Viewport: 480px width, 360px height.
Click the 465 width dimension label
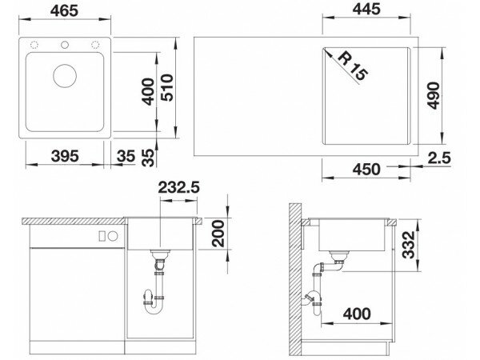64,10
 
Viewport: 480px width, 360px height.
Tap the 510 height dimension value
167,88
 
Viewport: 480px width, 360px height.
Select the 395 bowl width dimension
65,156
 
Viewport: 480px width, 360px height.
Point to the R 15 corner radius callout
353,66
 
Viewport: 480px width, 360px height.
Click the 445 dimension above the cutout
366,9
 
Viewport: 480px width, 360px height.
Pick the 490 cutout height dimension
434,95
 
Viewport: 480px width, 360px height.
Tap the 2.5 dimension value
439,158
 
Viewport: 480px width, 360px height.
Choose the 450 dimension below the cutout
366,169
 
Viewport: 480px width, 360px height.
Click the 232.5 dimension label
178,187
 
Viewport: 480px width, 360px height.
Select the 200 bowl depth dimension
218,234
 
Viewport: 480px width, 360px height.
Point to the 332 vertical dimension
408,245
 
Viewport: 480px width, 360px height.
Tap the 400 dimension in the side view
357,314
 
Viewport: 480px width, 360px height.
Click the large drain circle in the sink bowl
65,76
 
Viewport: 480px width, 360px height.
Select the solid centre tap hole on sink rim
65,45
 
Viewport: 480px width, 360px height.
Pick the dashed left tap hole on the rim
34,45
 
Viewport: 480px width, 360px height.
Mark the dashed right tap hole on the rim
95,45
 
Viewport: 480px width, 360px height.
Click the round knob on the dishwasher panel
113,236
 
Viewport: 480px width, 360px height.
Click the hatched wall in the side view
294,279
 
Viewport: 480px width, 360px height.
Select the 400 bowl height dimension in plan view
149,92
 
